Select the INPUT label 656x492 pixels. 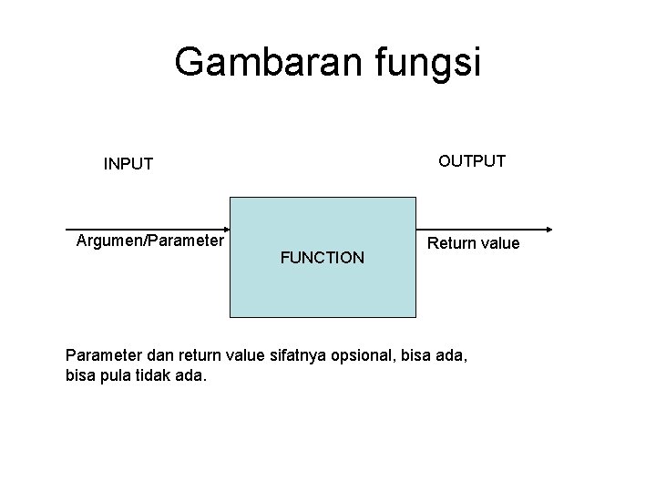(128, 165)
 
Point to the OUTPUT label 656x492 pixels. (472, 161)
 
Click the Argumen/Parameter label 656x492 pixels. (149, 241)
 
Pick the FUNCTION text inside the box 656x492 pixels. (323, 258)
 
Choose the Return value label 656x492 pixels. (474, 243)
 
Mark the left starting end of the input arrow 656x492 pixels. (67, 228)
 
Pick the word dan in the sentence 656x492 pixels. (154, 354)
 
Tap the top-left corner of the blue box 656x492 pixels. (230, 197)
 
